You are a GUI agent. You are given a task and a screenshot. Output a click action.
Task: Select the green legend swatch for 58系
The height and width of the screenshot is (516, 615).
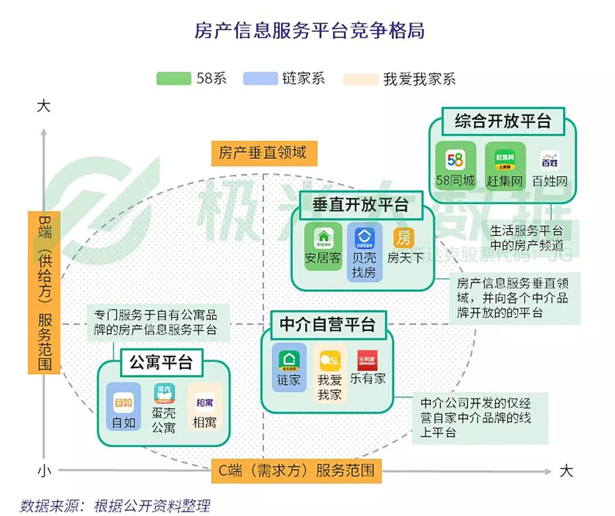click(x=174, y=79)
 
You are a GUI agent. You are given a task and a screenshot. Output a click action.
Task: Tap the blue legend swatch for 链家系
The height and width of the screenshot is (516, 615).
click(x=260, y=79)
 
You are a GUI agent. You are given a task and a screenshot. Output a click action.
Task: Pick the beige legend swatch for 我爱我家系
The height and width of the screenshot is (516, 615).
click(x=360, y=79)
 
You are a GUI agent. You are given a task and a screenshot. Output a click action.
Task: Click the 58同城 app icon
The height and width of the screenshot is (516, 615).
click(x=455, y=159)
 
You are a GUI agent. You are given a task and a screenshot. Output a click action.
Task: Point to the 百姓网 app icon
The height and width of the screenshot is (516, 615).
click(x=550, y=161)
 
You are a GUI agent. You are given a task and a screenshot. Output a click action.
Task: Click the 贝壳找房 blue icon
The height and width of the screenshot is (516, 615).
click(x=364, y=236)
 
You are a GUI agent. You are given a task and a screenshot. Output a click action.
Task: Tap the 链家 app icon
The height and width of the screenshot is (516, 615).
click(x=289, y=359)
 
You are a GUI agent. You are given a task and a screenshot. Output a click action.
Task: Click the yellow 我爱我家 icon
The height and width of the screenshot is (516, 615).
click(x=329, y=360)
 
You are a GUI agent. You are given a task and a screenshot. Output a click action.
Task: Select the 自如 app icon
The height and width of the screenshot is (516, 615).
click(x=123, y=402)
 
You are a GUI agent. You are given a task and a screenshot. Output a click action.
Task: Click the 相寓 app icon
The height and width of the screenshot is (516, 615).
click(x=204, y=402)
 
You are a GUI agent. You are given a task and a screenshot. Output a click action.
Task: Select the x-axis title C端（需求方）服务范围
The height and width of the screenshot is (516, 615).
click(x=297, y=470)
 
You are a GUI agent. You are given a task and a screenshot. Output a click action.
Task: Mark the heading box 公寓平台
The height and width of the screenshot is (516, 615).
click(x=161, y=362)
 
